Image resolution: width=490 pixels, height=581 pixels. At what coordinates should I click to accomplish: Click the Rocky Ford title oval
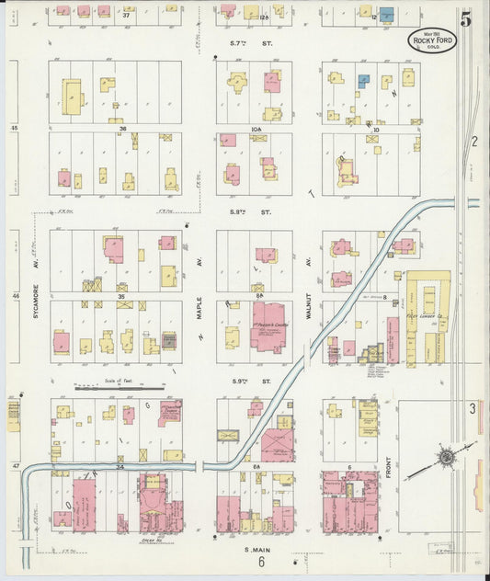coord(432,40)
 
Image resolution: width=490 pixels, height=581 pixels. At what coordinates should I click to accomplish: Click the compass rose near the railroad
coord(446,457)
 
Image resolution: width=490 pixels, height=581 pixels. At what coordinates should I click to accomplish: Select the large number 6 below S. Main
coord(261,563)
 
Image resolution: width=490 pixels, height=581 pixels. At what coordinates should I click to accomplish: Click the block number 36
coord(121,130)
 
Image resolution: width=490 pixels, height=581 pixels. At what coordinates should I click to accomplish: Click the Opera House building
coord(152,502)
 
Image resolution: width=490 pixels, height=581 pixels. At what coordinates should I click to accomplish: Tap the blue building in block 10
coord(364,82)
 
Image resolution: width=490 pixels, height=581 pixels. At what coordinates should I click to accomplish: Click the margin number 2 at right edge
coord(474,141)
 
